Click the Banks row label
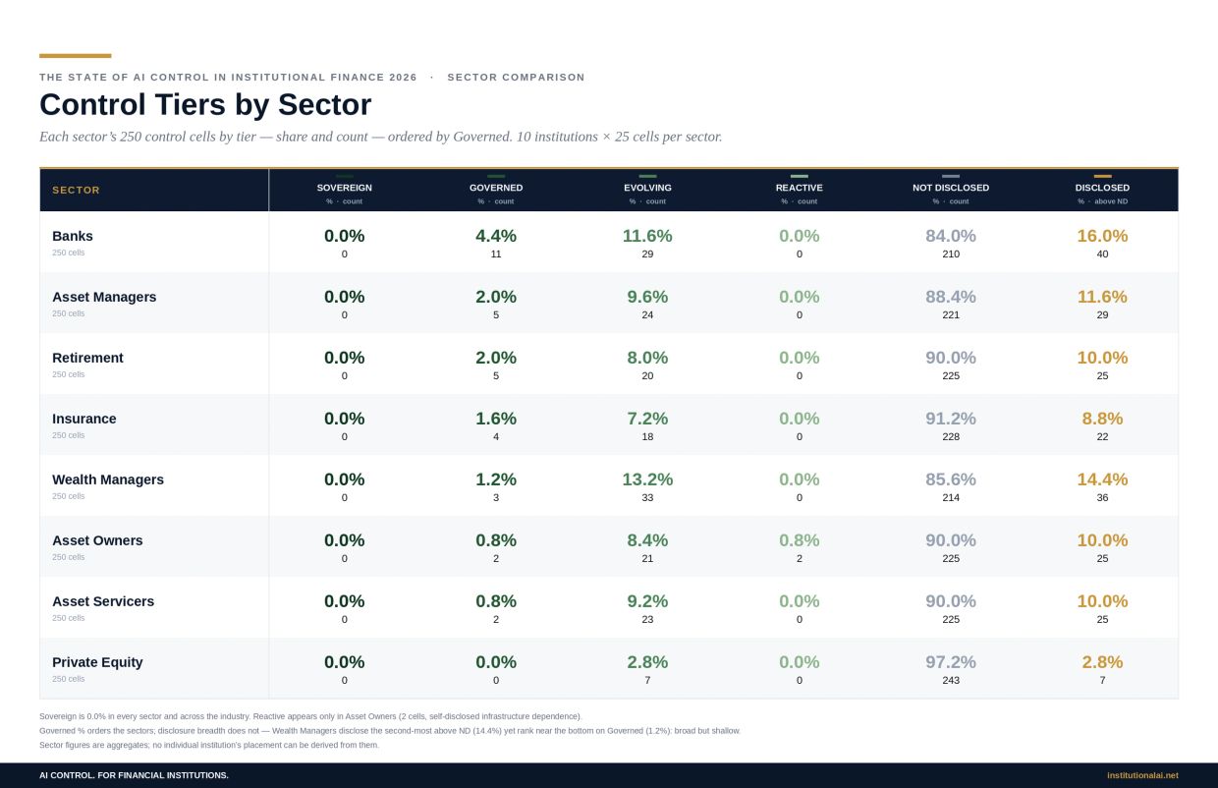(x=73, y=236)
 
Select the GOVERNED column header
(x=496, y=188)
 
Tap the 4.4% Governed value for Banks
(x=496, y=236)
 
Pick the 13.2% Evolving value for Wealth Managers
(x=647, y=479)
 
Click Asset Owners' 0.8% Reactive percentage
(x=799, y=540)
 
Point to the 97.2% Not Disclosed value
(x=951, y=662)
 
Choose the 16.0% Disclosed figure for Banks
(x=1102, y=236)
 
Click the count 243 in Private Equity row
(x=951, y=680)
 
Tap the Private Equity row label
(x=97, y=662)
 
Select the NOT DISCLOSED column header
(x=951, y=188)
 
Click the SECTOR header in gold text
(x=77, y=190)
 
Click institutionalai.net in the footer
(x=1142, y=775)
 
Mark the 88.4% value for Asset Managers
(x=951, y=297)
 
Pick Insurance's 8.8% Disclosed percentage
(x=1102, y=419)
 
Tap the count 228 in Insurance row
(x=951, y=436)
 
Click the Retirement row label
(x=87, y=358)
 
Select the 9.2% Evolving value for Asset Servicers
(x=647, y=601)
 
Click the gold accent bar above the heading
(x=75, y=55)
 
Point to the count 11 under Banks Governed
(x=496, y=253)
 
